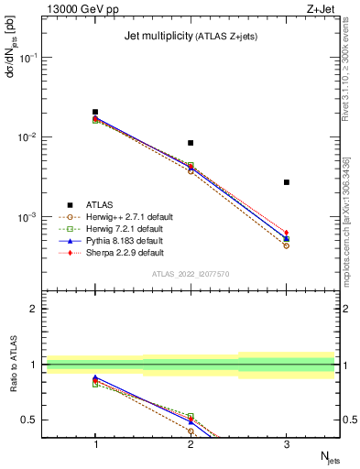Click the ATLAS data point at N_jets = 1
[x=95, y=112]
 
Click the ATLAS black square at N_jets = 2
[x=191, y=143]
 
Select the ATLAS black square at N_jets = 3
[x=287, y=182]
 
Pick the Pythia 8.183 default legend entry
[x=115, y=240]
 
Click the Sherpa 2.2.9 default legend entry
[x=115, y=252]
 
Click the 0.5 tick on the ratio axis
[x=31, y=420]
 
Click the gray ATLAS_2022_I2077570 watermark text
[x=191, y=274]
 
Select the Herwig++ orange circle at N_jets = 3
[x=287, y=245]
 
